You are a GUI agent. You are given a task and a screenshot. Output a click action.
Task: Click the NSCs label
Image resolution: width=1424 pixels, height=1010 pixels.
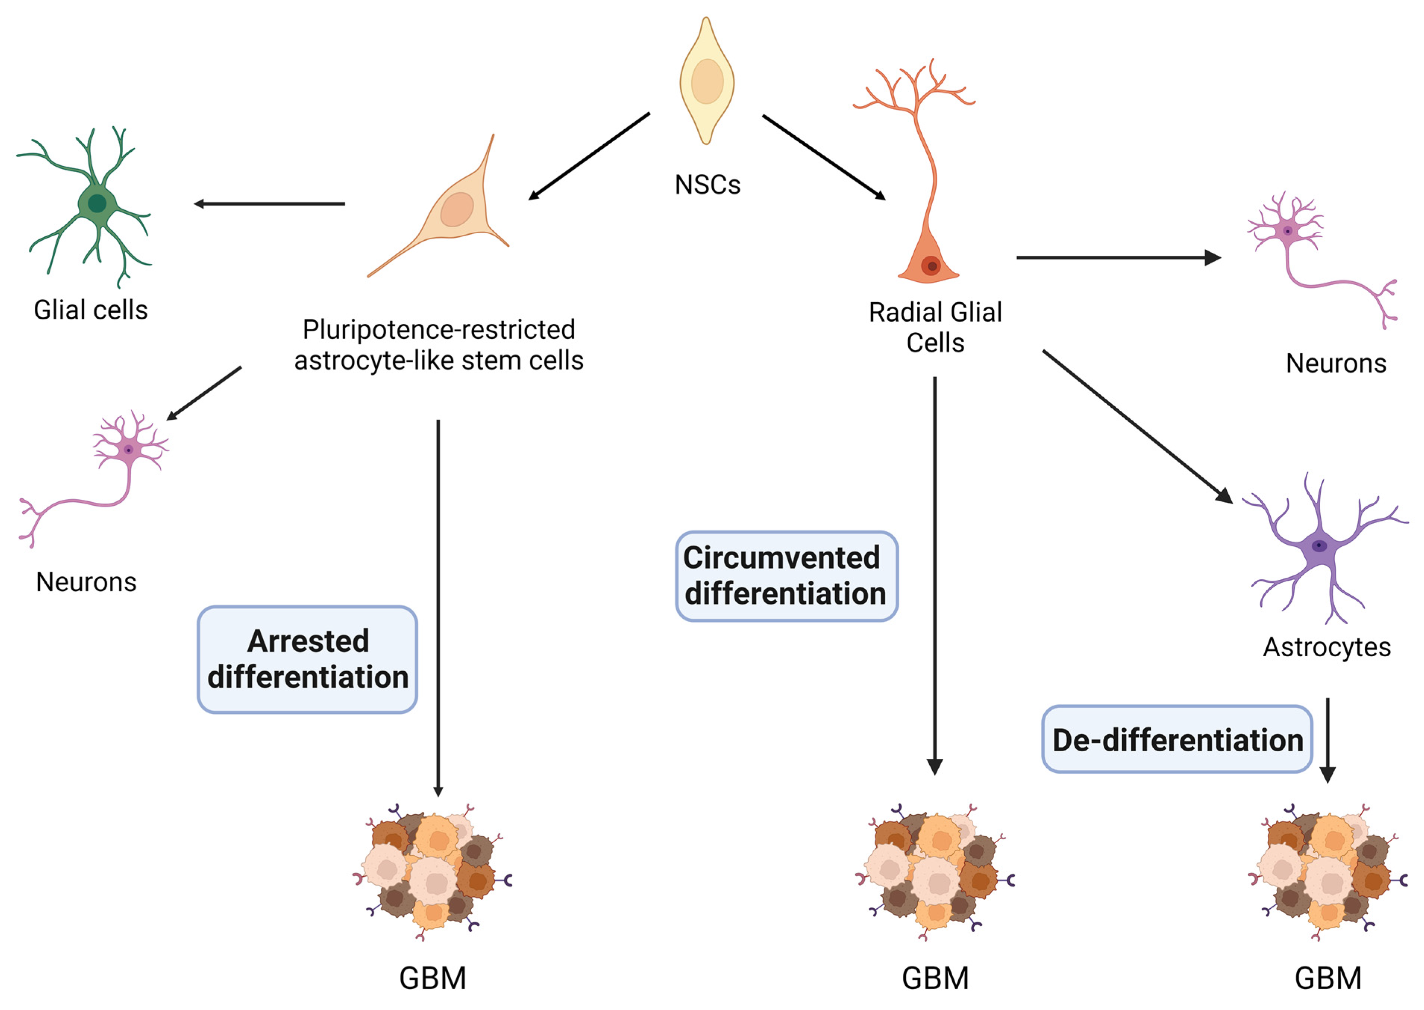click(707, 185)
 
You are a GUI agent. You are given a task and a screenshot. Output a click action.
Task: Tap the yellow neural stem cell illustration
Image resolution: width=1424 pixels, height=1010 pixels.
click(707, 81)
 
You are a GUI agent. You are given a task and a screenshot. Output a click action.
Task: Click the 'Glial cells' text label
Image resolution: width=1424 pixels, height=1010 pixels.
click(91, 310)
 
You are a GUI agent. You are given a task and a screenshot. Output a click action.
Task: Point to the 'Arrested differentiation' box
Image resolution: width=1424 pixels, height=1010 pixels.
click(307, 659)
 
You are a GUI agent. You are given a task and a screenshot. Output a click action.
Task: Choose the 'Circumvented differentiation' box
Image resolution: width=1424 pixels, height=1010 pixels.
click(786, 576)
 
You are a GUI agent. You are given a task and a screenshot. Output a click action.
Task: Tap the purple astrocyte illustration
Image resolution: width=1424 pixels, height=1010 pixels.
click(1322, 547)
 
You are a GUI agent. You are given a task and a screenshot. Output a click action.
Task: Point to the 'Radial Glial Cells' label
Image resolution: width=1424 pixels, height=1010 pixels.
click(935, 327)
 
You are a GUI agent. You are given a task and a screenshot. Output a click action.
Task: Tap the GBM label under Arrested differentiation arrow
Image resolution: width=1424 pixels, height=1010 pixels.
click(433, 978)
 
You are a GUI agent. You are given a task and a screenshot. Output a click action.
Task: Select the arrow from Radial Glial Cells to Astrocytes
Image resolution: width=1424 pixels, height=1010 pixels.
click(1137, 427)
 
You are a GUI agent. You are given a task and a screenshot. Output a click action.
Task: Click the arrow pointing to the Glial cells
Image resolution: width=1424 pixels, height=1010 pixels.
click(269, 203)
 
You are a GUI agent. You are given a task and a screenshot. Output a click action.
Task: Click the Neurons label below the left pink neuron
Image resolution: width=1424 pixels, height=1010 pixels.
click(87, 582)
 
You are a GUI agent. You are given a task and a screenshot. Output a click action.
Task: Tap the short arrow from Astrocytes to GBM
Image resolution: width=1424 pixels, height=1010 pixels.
click(1327, 740)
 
